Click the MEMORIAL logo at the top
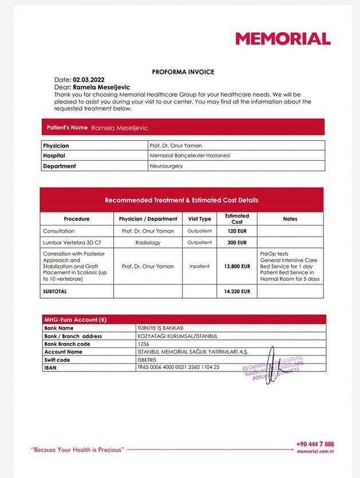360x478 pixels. (283, 39)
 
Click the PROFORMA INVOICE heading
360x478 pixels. (183, 72)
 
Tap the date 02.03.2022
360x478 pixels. (89, 80)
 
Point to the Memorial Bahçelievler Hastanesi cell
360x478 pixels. (190, 156)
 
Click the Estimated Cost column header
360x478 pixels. (237, 219)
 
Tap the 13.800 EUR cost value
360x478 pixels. (237, 266)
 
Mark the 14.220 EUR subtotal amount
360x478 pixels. (238, 291)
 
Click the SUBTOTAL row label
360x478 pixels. (55, 291)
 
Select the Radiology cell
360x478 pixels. (148, 243)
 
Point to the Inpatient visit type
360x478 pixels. (200, 266)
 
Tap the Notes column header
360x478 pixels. (290, 219)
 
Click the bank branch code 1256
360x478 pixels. (144, 344)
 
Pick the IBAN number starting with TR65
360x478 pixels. (179, 367)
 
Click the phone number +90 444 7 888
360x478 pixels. (315, 444)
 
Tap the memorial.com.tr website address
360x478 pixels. (315, 452)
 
